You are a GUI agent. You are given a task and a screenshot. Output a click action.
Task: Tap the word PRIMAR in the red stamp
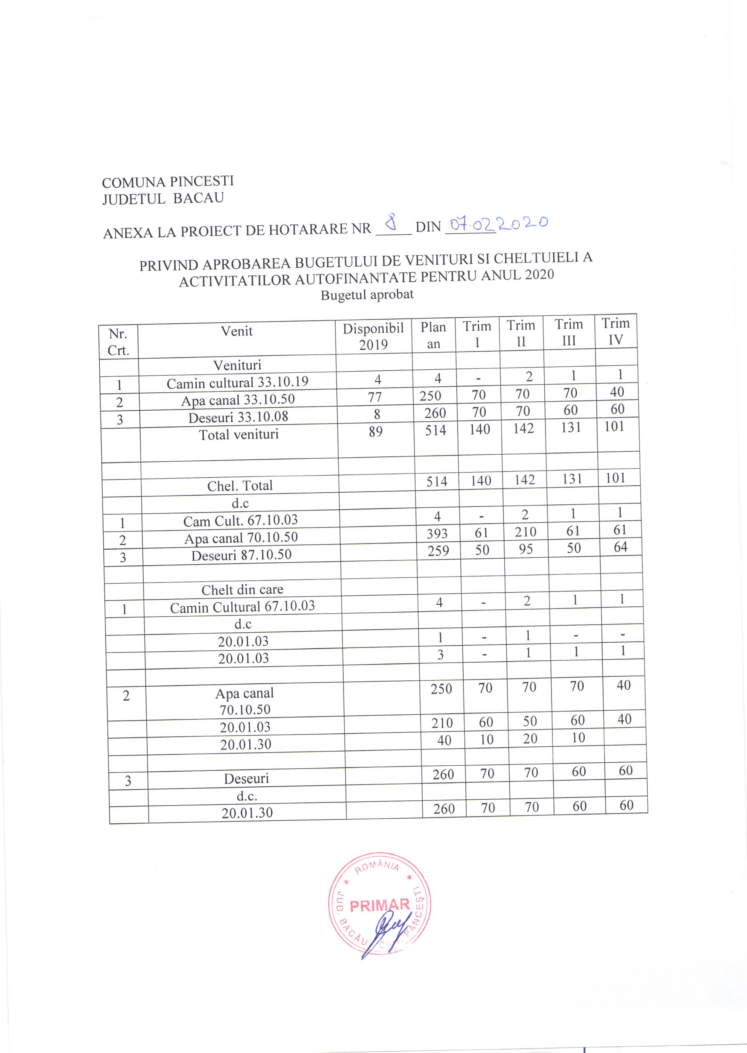(379, 905)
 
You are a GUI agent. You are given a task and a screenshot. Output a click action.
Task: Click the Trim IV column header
(615, 331)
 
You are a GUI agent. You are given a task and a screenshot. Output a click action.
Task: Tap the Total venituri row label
(239, 434)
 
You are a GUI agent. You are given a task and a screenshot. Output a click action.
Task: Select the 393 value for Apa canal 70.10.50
(437, 533)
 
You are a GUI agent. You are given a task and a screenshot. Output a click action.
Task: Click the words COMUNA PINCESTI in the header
(168, 182)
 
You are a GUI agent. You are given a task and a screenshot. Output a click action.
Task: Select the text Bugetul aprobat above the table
(367, 295)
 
